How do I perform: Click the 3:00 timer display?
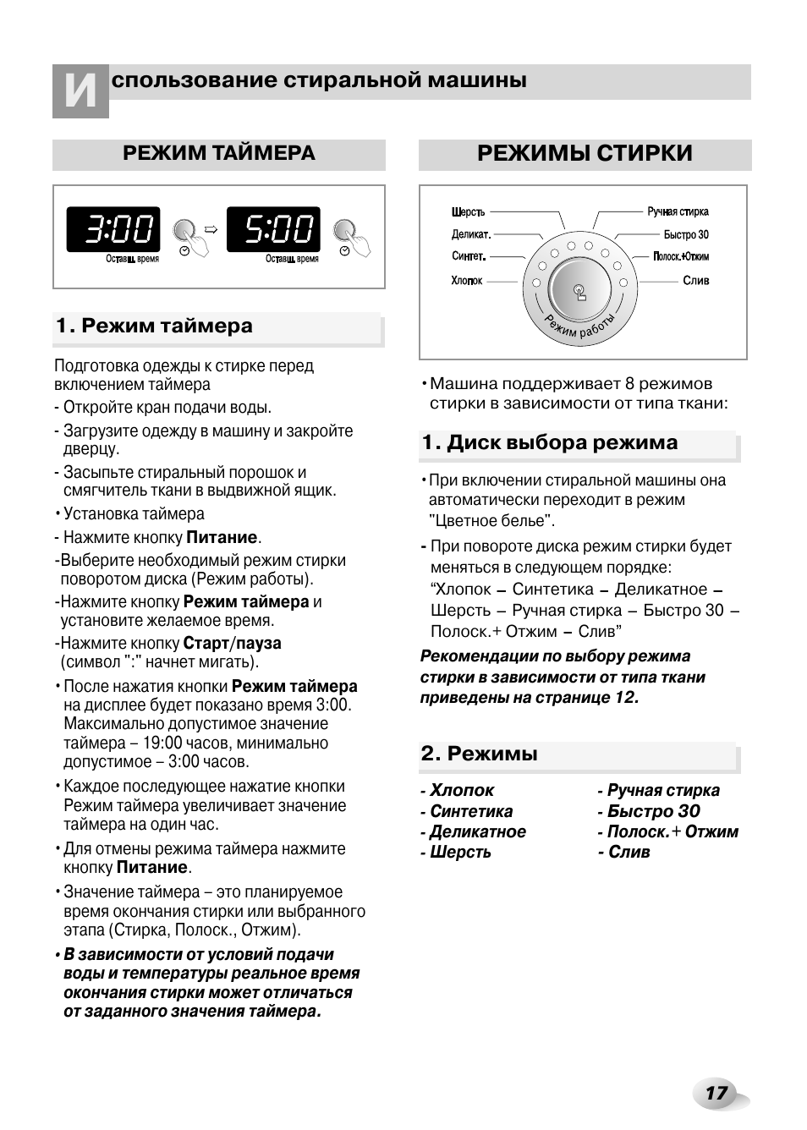tap(113, 229)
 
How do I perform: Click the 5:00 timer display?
tap(273, 229)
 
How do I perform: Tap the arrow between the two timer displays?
tap(211, 228)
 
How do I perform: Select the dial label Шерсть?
tap(468, 212)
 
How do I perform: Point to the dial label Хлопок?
tap(466, 281)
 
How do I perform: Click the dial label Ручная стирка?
tap(678, 212)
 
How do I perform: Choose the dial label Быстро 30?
tap(686, 235)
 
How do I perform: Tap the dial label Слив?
tap(695, 281)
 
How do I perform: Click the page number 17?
tap(716, 1094)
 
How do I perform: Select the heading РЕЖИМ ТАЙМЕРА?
tap(219, 154)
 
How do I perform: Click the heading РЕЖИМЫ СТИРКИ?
tap(585, 154)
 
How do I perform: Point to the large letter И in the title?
tap(80, 91)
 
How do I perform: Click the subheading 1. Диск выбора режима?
tap(550, 443)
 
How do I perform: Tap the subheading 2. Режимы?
tap(480, 754)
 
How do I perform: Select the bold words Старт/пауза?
tap(232, 644)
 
